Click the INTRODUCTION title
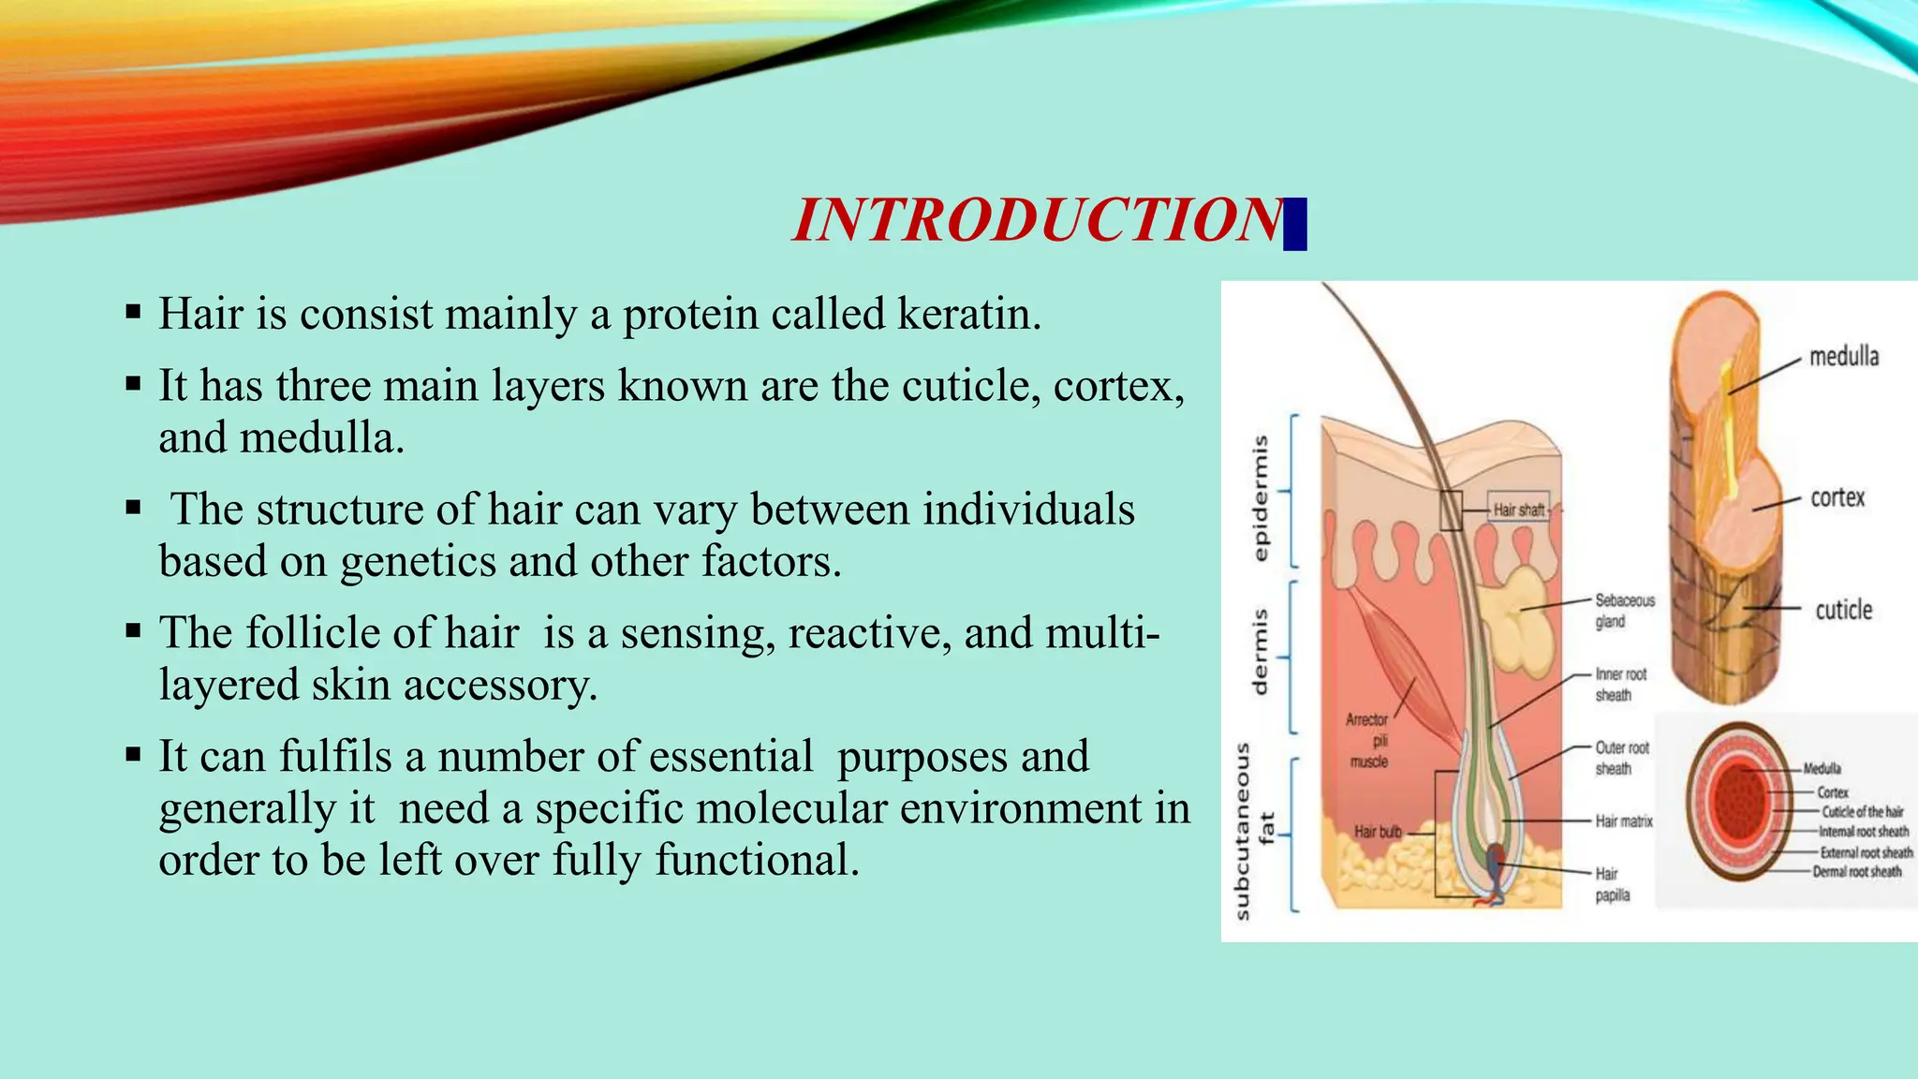click(x=1038, y=221)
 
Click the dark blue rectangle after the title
click(x=1294, y=225)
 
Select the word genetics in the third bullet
click(x=418, y=561)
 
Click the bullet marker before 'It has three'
click(x=133, y=383)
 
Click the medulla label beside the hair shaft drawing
click(x=1843, y=357)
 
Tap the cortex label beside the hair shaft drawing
click(x=1837, y=497)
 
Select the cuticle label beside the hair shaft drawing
click(x=1843, y=611)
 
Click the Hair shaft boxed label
click(x=1518, y=510)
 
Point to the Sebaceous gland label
click(x=1624, y=611)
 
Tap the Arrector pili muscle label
click(x=1368, y=740)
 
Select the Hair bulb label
click(x=1377, y=832)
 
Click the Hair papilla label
click(x=1612, y=884)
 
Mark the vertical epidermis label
click(x=1261, y=497)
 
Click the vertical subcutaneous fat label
click(x=1253, y=830)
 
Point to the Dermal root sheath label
click(x=1856, y=872)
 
